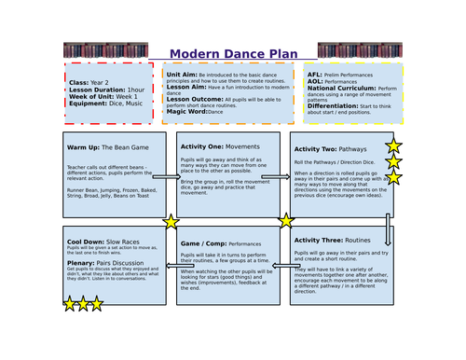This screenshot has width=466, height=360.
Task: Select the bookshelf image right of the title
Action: point(360,49)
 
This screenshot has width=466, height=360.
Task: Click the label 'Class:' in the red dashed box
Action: point(78,82)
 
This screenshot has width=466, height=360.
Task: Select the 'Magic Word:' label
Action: point(188,111)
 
